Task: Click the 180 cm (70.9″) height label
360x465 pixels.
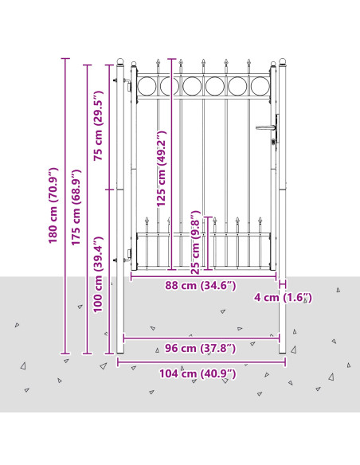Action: pos(53,205)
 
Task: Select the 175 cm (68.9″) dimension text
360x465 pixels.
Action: pos(76,207)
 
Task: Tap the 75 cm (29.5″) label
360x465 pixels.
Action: pos(98,126)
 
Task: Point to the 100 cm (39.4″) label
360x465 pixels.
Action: pos(98,275)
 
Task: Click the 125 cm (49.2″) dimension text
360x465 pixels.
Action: pos(161,169)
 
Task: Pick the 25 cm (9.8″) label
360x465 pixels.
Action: pos(195,242)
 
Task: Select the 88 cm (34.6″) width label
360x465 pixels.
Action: pos(201,286)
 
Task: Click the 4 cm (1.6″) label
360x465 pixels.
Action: pos(283,297)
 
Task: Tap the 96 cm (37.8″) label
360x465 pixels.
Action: pos(201,348)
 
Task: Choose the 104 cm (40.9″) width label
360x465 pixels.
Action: pos(198,373)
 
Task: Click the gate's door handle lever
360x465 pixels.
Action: pos(265,127)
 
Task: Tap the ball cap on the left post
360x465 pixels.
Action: pos(120,62)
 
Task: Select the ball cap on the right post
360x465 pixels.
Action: pos(283,62)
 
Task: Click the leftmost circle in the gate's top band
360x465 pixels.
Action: pos(147,86)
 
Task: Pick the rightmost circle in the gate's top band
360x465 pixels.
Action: pos(260,86)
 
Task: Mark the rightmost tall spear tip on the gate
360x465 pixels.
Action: pos(248,63)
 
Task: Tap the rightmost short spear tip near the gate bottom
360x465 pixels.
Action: pos(260,221)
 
